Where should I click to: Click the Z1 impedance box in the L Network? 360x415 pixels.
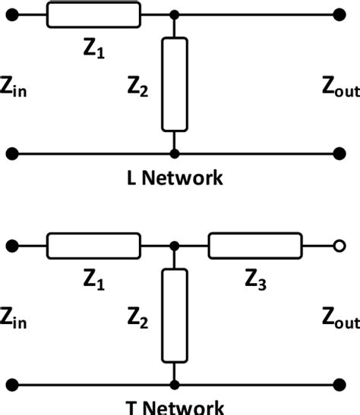click(93, 14)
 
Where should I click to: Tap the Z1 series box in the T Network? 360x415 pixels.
click(93, 247)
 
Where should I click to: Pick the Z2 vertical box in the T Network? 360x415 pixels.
click(175, 315)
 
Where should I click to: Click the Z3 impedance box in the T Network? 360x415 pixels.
click(255, 247)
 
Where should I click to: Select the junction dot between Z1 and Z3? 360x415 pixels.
click(175, 247)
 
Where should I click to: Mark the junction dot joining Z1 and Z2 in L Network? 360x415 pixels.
click(175, 14)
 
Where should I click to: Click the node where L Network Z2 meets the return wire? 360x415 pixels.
click(175, 154)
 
